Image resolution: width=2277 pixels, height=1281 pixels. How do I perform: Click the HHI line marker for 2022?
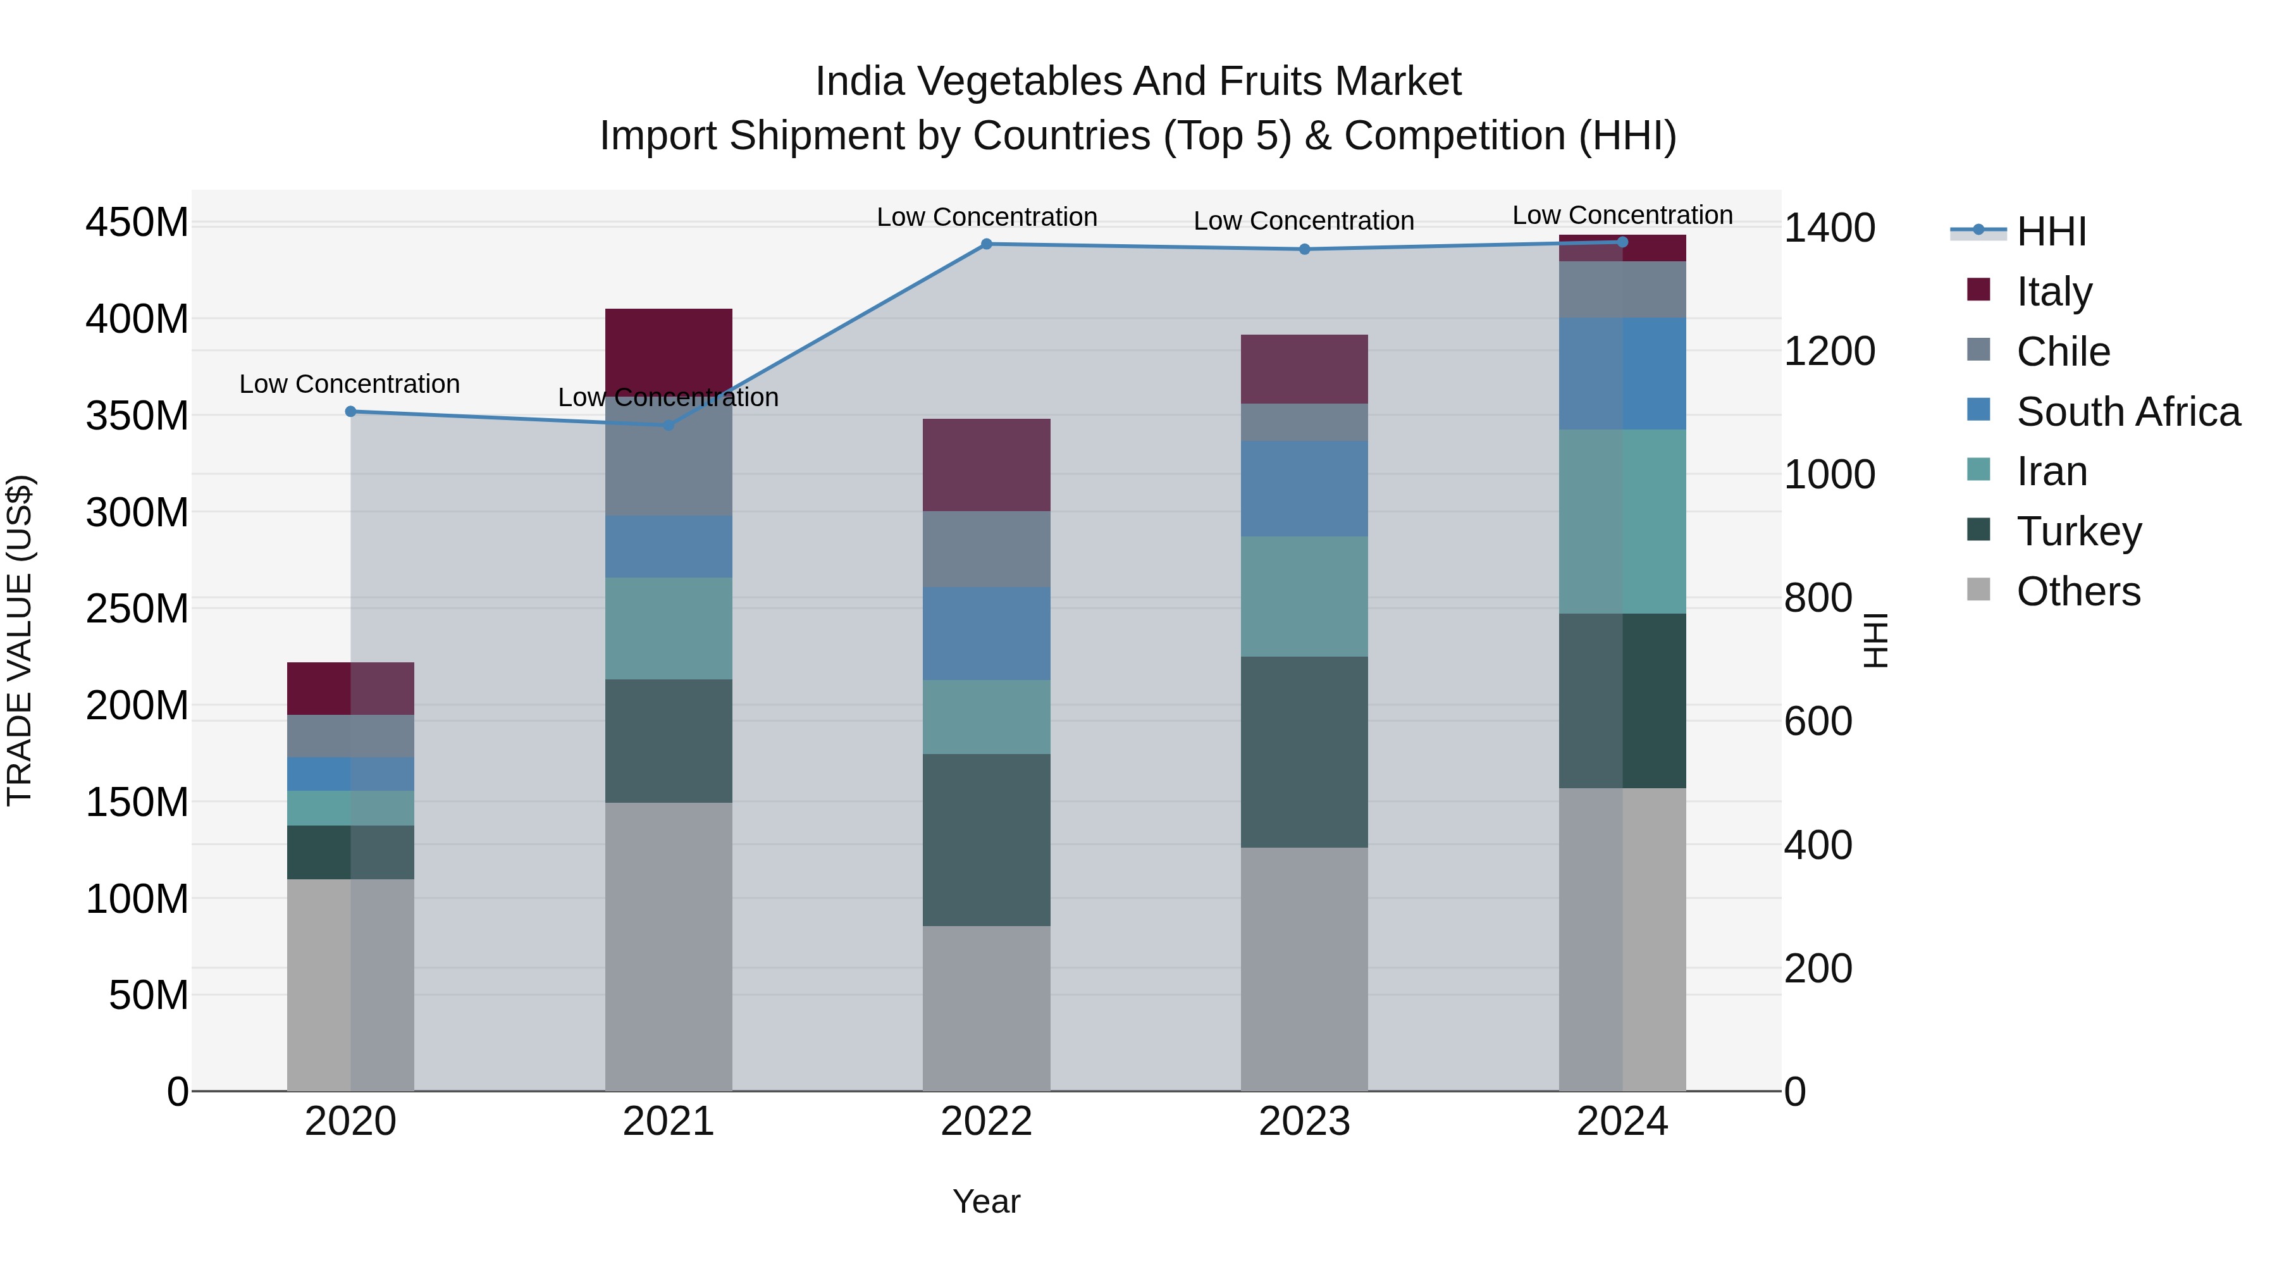pyautogui.click(x=987, y=244)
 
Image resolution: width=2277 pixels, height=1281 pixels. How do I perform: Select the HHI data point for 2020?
pyautogui.click(x=350, y=411)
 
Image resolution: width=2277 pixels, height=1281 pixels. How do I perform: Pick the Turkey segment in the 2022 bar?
pyautogui.click(x=987, y=840)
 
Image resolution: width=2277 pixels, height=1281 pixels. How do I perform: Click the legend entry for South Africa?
pyautogui.click(x=2128, y=412)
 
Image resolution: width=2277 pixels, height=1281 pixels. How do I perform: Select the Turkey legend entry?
pyautogui.click(x=2078, y=531)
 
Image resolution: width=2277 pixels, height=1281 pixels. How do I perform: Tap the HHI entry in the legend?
pyautogui.click(x=2051, y=232)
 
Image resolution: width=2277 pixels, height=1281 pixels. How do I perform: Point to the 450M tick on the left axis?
pyautogui.click(x=137, y=222)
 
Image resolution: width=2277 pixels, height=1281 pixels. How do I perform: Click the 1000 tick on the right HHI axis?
pyautogui.click(x=1829, y=474)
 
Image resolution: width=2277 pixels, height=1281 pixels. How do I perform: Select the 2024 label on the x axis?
pyautogui.click(x=1622, y=1122)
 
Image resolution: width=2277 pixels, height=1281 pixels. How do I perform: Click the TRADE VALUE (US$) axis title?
pyautogui.click(x=20, y=640)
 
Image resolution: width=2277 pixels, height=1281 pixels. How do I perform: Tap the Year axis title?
pyautogui.click(x=987, y=1201)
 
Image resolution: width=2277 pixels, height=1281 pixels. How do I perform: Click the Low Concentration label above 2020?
pyautogui.click(x=349, y=384)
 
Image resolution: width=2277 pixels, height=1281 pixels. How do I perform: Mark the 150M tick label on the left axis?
pyautogui.click(x=137, y=803)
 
